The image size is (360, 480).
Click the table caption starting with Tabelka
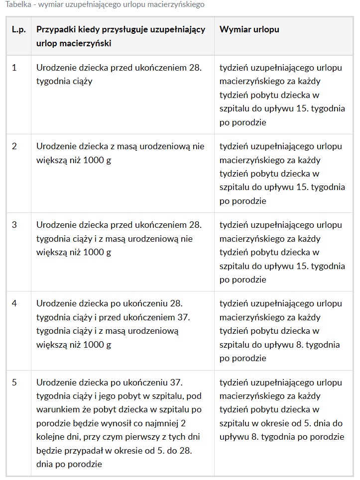tap(105, 4)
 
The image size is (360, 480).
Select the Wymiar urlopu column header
tap(249, 29)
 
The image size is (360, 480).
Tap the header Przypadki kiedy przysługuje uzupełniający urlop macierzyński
tap(121, 36)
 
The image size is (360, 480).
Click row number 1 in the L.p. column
tap(14, 68)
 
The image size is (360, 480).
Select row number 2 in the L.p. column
tap(14, 146)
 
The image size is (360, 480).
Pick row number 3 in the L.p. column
tap(14, 225)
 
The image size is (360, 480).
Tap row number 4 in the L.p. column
tap(14, 303)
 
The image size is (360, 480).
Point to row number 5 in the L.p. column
tap(14, 383)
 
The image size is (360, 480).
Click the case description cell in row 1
tap(119, 75)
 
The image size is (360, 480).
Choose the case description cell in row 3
tap(119, 238)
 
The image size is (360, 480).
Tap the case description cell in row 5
tap(119, 423)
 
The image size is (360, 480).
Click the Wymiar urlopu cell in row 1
tap(282, 95)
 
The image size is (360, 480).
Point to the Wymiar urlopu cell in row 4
tap(281, 331)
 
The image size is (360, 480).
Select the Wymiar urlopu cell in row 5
tap(282, 410)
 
